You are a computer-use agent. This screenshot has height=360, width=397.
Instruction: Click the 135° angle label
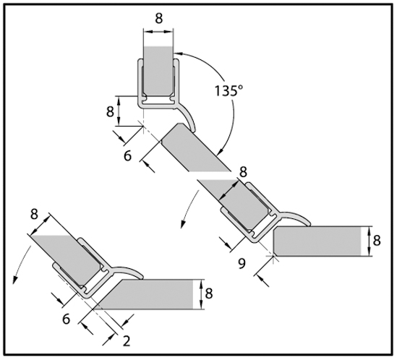229,90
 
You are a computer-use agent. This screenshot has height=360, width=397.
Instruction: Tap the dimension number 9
242,264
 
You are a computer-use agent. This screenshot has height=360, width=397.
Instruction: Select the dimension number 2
127,341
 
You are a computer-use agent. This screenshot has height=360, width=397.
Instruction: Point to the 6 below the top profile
127,155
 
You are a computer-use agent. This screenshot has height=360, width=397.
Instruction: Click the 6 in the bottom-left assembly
66,319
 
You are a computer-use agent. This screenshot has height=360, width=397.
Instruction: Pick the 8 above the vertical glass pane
159,19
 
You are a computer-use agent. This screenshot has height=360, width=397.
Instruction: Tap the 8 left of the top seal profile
110,111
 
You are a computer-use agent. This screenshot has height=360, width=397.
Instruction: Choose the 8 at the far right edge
377,240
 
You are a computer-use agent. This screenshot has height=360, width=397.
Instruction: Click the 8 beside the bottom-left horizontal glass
209,293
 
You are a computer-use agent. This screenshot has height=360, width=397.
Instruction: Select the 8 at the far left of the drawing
34,214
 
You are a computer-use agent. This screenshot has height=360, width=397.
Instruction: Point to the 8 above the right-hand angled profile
243,172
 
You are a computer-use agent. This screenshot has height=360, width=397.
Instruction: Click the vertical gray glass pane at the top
158,72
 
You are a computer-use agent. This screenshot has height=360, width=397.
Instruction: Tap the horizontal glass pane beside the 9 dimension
317,241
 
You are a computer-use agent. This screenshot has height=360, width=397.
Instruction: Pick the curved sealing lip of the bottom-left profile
129,271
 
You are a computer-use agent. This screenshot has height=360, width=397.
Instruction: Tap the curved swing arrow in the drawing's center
189,210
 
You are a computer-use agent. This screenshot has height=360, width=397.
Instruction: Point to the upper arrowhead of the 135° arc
178,53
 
